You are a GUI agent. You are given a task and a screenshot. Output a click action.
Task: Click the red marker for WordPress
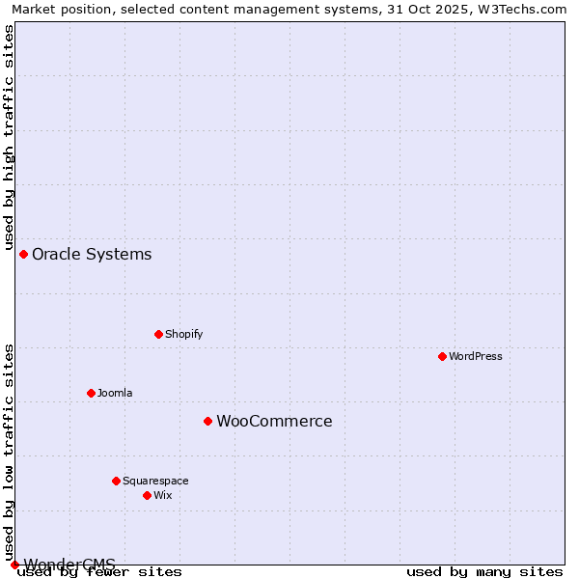point(442,356)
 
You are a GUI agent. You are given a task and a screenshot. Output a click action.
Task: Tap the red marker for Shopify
point(158,334)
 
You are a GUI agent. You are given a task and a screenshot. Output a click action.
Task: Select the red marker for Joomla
point(91,393)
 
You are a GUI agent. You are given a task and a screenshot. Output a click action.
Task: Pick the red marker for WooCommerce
point(207,421)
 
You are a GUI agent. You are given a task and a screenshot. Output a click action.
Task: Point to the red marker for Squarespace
point(116,481)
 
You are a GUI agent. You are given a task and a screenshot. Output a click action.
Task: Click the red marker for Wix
point(147,495)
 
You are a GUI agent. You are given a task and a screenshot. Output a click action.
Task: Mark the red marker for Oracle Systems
point(23,254)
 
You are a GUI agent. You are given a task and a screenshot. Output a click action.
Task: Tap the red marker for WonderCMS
point(14,565)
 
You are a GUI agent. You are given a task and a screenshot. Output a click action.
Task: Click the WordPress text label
point(476,356)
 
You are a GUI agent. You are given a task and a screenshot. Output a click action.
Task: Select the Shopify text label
point(184,334)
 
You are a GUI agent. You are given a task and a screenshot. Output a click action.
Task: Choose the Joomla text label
point(115,393)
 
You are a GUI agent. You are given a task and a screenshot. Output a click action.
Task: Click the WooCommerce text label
point(274,421)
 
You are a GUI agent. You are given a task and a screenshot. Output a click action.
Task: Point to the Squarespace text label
point(155,481)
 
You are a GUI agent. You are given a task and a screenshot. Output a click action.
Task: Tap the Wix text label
point(163,495)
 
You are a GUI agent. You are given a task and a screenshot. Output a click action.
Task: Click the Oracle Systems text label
point(92,254)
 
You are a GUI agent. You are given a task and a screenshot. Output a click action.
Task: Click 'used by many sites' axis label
point(484,572)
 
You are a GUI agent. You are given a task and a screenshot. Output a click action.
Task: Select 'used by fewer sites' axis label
point(99,572)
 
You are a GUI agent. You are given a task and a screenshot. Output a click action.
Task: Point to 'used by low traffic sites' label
point(10,454)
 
